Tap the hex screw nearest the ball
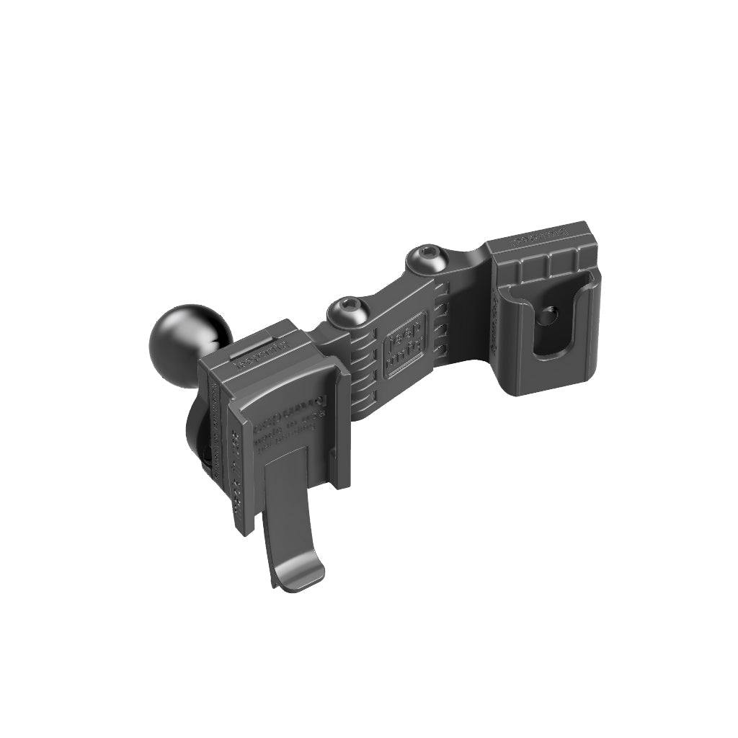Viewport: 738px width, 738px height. tap(348, 311)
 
